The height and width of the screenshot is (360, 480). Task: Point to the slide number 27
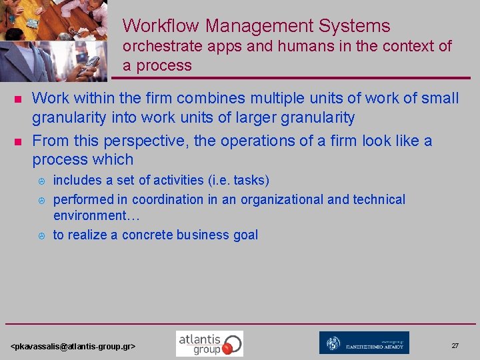click(455, 346)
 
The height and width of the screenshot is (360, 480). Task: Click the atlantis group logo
click(209, 343)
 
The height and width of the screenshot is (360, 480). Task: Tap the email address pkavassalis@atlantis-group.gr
click(73, 347)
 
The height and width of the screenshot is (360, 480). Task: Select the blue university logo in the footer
click(364, 343)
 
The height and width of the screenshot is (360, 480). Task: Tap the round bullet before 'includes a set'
click(41, 181)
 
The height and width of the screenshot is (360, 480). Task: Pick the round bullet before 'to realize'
click(41, 235)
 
